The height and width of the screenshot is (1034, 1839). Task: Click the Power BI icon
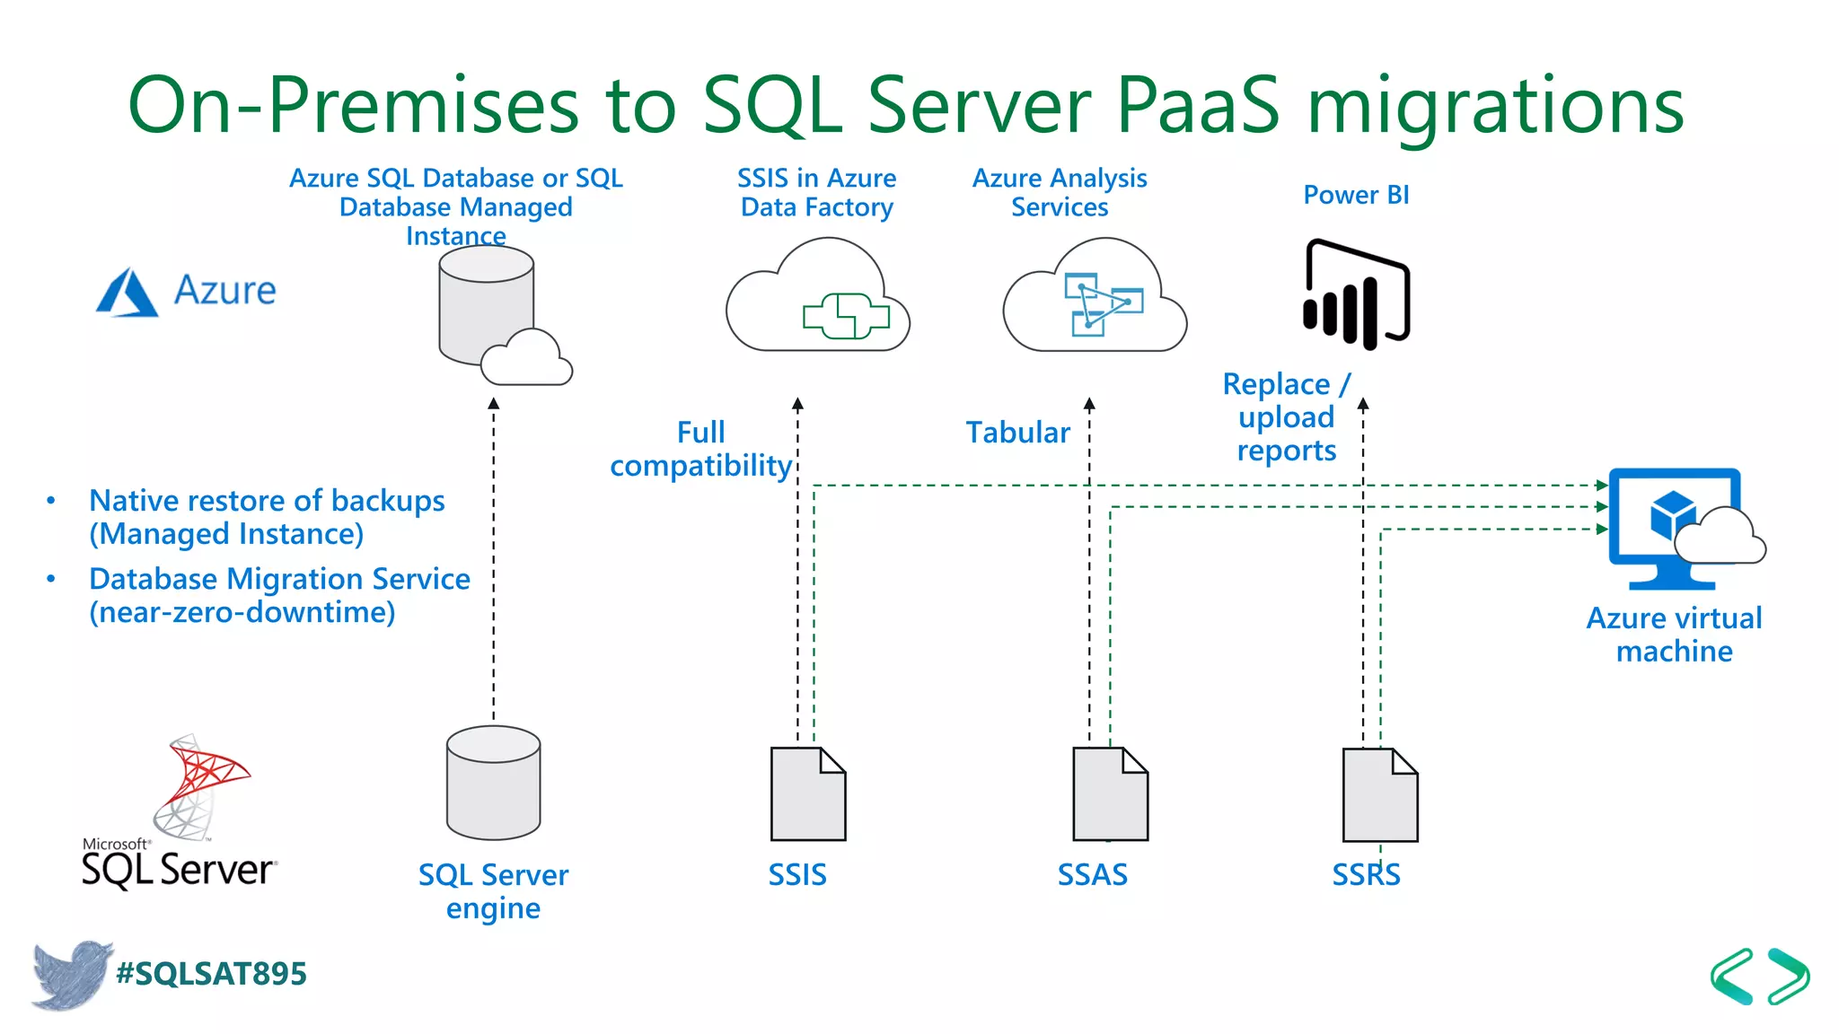tap(1356, 294)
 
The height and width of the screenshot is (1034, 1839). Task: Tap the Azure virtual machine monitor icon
tap(1674, 528)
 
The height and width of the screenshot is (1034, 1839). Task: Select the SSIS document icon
tap(807, 794)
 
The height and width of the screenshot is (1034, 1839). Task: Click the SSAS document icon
tap(1110, 794)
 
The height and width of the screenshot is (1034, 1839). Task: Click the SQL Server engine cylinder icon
tap(493, 783)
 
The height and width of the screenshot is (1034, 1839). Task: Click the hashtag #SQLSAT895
tap(212, 974)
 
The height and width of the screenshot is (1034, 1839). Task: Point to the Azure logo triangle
tap(127, 294)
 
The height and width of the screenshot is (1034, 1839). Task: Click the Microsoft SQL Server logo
tap(178, 812)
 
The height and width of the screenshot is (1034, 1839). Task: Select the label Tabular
tap(1017, 433)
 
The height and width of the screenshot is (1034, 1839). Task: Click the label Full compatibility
tap(700, 449)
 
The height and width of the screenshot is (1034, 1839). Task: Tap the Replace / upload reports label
tap(1286, 417)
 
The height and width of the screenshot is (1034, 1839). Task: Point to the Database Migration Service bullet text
tap(278, 595)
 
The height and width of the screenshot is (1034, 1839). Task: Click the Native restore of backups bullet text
tap(266, 517)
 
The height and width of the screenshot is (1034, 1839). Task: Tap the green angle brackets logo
tap(1759, 976)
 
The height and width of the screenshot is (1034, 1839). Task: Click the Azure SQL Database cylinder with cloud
tap(498, 314)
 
